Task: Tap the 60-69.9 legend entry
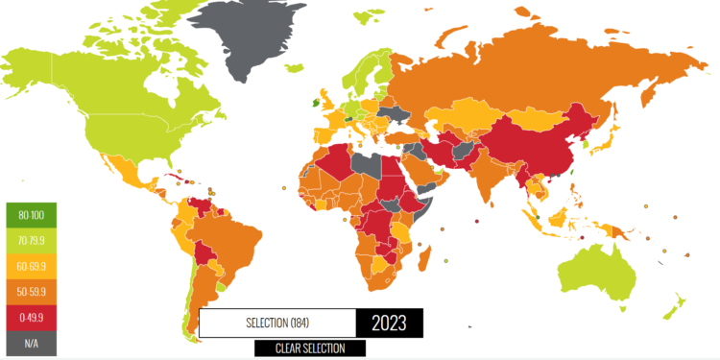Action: pyautogui.click(x=31, y=264)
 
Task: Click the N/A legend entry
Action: pyautogui.click(x=31, y=341)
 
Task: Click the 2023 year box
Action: pyautogui.click(x=389, y=323)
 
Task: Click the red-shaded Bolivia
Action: pyautogui.click(x=203, y=254)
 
